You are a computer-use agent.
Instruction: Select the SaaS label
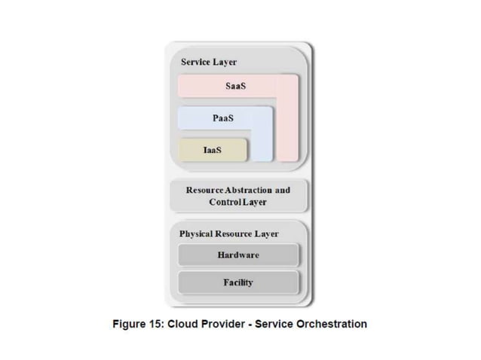pyautogui.click(x=235, y=86)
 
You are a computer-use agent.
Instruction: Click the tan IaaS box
pyautogui.click(x=213, y=150)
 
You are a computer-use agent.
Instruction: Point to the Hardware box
pyautogui.click(x=238, y=255)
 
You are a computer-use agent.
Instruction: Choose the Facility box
pyautogui.click(x=238, y=282)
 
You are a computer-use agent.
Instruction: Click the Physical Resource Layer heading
pyautogui.click(x=228, y=233)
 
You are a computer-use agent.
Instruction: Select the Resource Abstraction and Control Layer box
pyautogui.click(x=238, y=196)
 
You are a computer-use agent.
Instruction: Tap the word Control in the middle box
pyautogui.click(x=223, y=202)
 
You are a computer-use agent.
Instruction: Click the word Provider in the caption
pyautogui.click(x=225, y=324)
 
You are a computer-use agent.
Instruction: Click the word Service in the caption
pyautogui.click(x=274, y=324)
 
